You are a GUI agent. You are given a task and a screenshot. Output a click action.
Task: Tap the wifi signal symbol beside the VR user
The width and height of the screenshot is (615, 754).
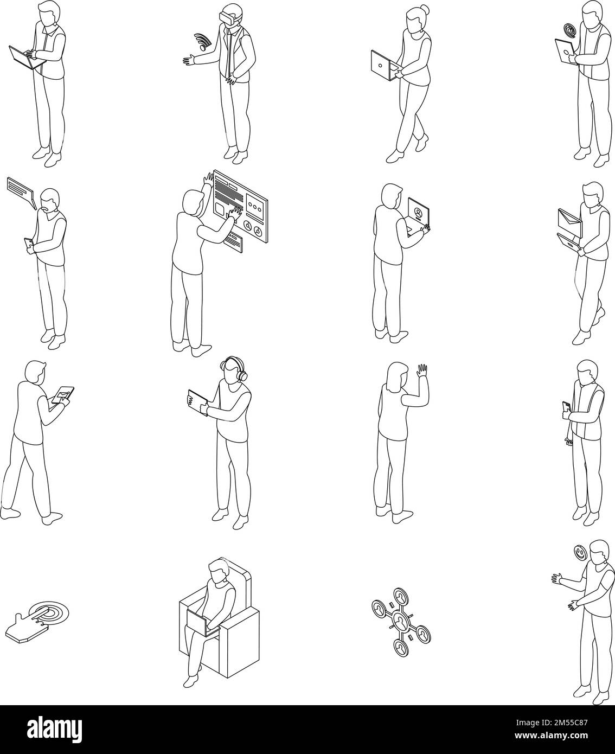click(202, 41)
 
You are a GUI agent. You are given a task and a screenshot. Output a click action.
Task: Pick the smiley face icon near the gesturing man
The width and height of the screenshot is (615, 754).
click(580, 553)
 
